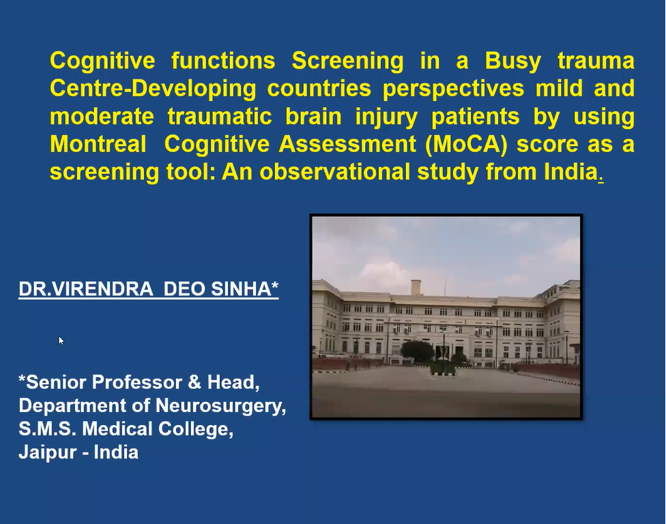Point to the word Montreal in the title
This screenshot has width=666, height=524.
pos(98,144)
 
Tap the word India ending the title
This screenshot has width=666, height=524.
pos(571,172)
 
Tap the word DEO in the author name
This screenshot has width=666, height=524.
pos(184,289)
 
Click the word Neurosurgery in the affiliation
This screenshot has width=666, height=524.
pos(218,406)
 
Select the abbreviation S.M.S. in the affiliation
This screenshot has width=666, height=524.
pos(47,428)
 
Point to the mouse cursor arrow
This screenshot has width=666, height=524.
pos(61,340)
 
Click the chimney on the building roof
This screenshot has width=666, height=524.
pos(416,287)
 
